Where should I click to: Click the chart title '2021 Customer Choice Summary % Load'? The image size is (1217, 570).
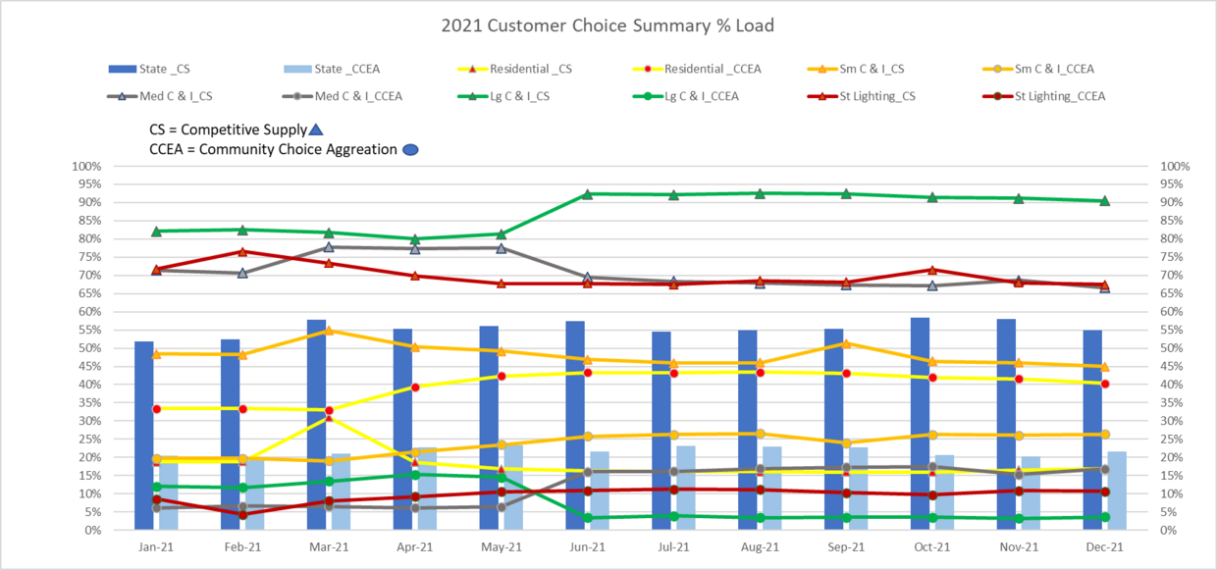coord(608,26)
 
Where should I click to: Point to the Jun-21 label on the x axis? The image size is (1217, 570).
coord(587,546)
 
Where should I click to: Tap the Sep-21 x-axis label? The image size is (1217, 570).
coord(846,546)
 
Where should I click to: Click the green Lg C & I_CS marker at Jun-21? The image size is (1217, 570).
coord(587,194)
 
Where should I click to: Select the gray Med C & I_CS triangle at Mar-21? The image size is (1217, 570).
coord(329,247)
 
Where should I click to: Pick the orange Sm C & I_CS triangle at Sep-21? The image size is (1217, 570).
coord(846,343)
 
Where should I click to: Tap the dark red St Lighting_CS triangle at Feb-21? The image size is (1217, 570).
coord(242,251)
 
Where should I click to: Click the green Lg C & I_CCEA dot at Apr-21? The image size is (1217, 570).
coord(415,475)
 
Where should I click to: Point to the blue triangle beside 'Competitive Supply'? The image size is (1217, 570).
coord(315,130)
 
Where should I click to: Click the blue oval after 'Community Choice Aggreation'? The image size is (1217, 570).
coord(411,150)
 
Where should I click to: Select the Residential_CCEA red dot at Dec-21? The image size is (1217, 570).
coord(1104,384)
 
